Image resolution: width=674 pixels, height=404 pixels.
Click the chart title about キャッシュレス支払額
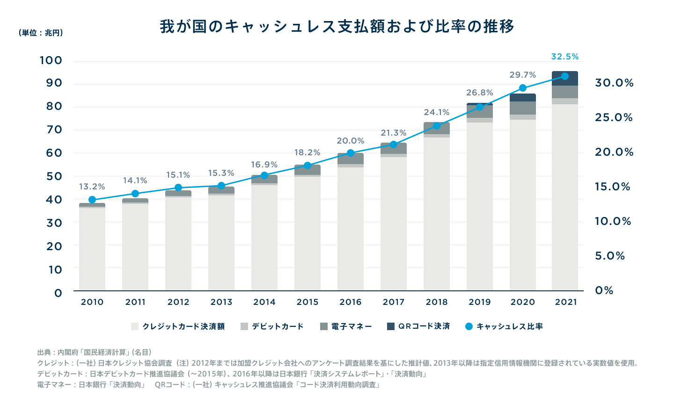click(337, 26)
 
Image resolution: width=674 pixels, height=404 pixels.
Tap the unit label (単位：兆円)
click(41, 33)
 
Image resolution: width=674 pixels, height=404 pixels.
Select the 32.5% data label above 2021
click(565, 57)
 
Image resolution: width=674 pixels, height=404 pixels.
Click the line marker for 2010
click(92, 200)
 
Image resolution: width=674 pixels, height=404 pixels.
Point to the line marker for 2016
click(351, 153)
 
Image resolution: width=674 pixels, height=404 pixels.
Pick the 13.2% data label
click(92, 187)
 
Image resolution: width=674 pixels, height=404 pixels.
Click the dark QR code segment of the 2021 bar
click(565, 79)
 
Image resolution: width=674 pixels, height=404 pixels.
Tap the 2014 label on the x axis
click(264, 302)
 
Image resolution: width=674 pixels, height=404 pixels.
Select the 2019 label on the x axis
click(480, 302)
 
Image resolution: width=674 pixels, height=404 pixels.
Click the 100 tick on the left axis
click(51, 60)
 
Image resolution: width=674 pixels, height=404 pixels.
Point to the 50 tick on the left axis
click(54, 176)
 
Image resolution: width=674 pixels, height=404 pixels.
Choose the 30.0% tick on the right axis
click(614, 83)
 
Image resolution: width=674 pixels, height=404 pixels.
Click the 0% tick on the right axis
click(604, 290)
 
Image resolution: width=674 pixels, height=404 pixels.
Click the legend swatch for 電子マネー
click(324, 326)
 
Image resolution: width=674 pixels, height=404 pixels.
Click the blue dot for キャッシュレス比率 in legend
click(469, 326)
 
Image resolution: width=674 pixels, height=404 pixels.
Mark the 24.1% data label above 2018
click(437, 112)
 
